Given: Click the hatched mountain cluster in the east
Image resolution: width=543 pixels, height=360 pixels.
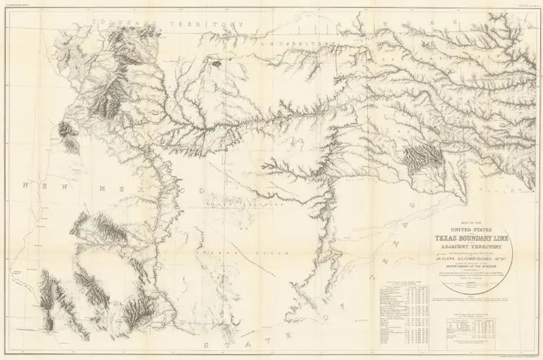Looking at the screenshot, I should click(x=415, y=158).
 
